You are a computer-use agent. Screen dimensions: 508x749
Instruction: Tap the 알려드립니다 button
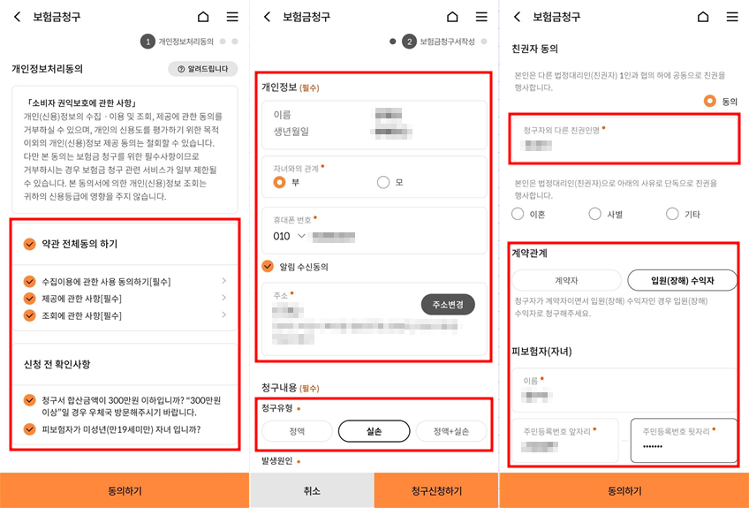(x=202, y=69)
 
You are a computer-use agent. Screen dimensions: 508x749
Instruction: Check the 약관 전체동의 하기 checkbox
(x=30, y=244)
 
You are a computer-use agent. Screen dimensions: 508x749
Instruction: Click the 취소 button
(x=312, y=490)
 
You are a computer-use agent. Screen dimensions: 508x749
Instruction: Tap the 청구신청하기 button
(x=436, y=490)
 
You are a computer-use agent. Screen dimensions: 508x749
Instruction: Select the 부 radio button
(x=280, y=183)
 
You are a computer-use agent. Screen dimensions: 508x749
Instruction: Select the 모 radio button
(x=383, y=183)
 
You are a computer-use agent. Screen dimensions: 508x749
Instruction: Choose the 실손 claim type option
(x=374, y=431)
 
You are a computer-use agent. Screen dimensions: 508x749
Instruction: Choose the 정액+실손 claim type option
(x=451, y=431)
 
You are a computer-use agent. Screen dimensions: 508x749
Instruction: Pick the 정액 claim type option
(x=297, y=431)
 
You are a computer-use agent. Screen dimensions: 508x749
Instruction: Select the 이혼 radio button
(x=518, y=214)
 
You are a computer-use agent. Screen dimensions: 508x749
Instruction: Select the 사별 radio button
(x=595, y=214)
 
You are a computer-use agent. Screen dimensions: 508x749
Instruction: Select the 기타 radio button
(x=672, y=214)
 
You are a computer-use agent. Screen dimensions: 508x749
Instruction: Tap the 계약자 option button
(x=566, y=281)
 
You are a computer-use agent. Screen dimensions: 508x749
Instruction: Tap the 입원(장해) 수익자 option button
(x=682, y=281)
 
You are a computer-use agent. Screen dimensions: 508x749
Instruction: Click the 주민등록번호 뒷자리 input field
(x=684, y=445)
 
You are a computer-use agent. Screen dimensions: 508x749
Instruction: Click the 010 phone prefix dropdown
(x=291, y=237)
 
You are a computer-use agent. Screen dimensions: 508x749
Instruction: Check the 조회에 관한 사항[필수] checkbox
(x=30, y=315)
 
